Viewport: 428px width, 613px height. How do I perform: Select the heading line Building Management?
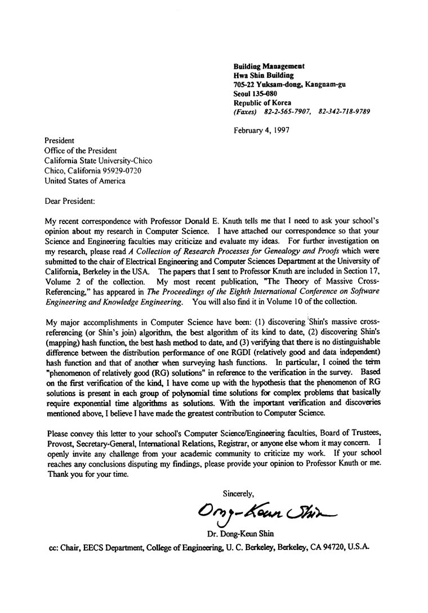pyautogui.click(x=269, y=66)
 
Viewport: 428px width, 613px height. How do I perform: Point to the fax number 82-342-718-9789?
pyautogui.click(x=344, y=111)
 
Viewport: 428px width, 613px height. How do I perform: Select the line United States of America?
pyautogui.click(x=85, y=181)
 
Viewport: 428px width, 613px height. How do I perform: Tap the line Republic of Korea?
pyautogui.click(x=262, y=102)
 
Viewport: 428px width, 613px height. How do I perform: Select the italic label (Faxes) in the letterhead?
pyautogui.click(x=245, y=111)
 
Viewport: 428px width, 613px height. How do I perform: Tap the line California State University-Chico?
pyautogui.click(x=98, y=160)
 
